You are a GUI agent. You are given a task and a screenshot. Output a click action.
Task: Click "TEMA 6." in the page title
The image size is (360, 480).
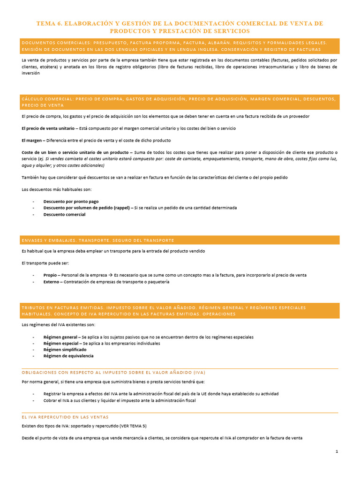point(49,23)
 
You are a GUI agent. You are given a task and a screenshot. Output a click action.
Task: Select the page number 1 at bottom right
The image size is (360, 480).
point(337,451)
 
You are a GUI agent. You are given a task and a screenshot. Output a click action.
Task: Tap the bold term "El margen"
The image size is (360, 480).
point(32,140)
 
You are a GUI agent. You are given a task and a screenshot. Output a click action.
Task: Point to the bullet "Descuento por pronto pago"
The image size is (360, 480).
point(71,201)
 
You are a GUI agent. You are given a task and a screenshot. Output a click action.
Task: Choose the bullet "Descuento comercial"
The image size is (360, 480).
point(64,214)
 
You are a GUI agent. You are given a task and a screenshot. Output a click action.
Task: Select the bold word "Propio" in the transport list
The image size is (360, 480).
point(50,275)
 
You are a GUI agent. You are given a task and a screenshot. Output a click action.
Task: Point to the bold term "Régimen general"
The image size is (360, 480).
point(60,337)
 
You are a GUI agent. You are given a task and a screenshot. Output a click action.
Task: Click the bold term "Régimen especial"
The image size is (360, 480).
point(61,343)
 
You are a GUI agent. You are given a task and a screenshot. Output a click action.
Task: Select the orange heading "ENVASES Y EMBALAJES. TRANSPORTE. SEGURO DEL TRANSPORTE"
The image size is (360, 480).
point(98,240)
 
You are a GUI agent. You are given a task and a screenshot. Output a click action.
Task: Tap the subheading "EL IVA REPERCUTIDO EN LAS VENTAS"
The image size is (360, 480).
point(65,417)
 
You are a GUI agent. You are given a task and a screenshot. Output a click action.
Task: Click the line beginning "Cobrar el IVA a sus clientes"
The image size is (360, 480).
point(119,400)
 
